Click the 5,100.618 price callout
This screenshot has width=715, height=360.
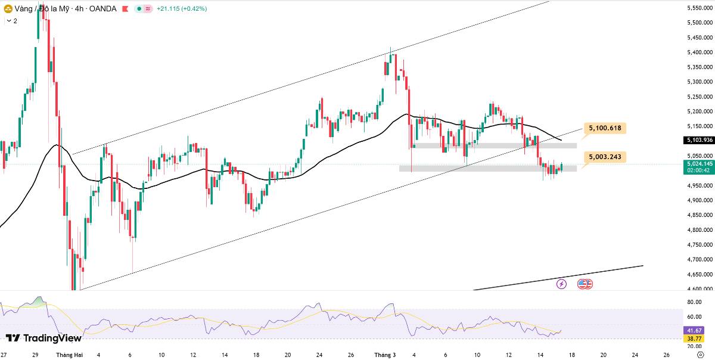(x=605, y=128)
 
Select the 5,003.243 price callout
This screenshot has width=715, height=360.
(x=605, y=157)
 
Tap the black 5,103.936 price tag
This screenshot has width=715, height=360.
(x=699, y=140)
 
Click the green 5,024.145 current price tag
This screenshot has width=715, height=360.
(x=699, y=167)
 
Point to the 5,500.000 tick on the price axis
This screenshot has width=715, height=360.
(x=700, y=23)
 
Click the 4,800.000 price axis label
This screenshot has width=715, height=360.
(x=700, y=229)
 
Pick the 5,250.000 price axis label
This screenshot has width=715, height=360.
(x=700, y=97)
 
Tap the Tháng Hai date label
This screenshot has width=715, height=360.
(x=69, y=355)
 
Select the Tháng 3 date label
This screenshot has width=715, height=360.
(x=385, y=355)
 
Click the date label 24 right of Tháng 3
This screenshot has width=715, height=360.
(x=635, y=355)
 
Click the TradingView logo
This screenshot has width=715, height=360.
(x=43, y=338)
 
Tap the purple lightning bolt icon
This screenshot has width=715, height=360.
(x=561, y=284)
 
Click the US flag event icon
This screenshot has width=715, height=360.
(x=585, y=284)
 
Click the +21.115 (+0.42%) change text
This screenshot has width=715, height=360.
(x=182, y=8)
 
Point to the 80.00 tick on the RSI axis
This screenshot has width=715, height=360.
(x=694, y=302)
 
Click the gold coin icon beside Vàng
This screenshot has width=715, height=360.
(x=8, y=9)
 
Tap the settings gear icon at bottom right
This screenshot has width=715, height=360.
(x=701, y=355)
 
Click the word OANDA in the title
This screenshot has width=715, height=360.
(x=102, y=8)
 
